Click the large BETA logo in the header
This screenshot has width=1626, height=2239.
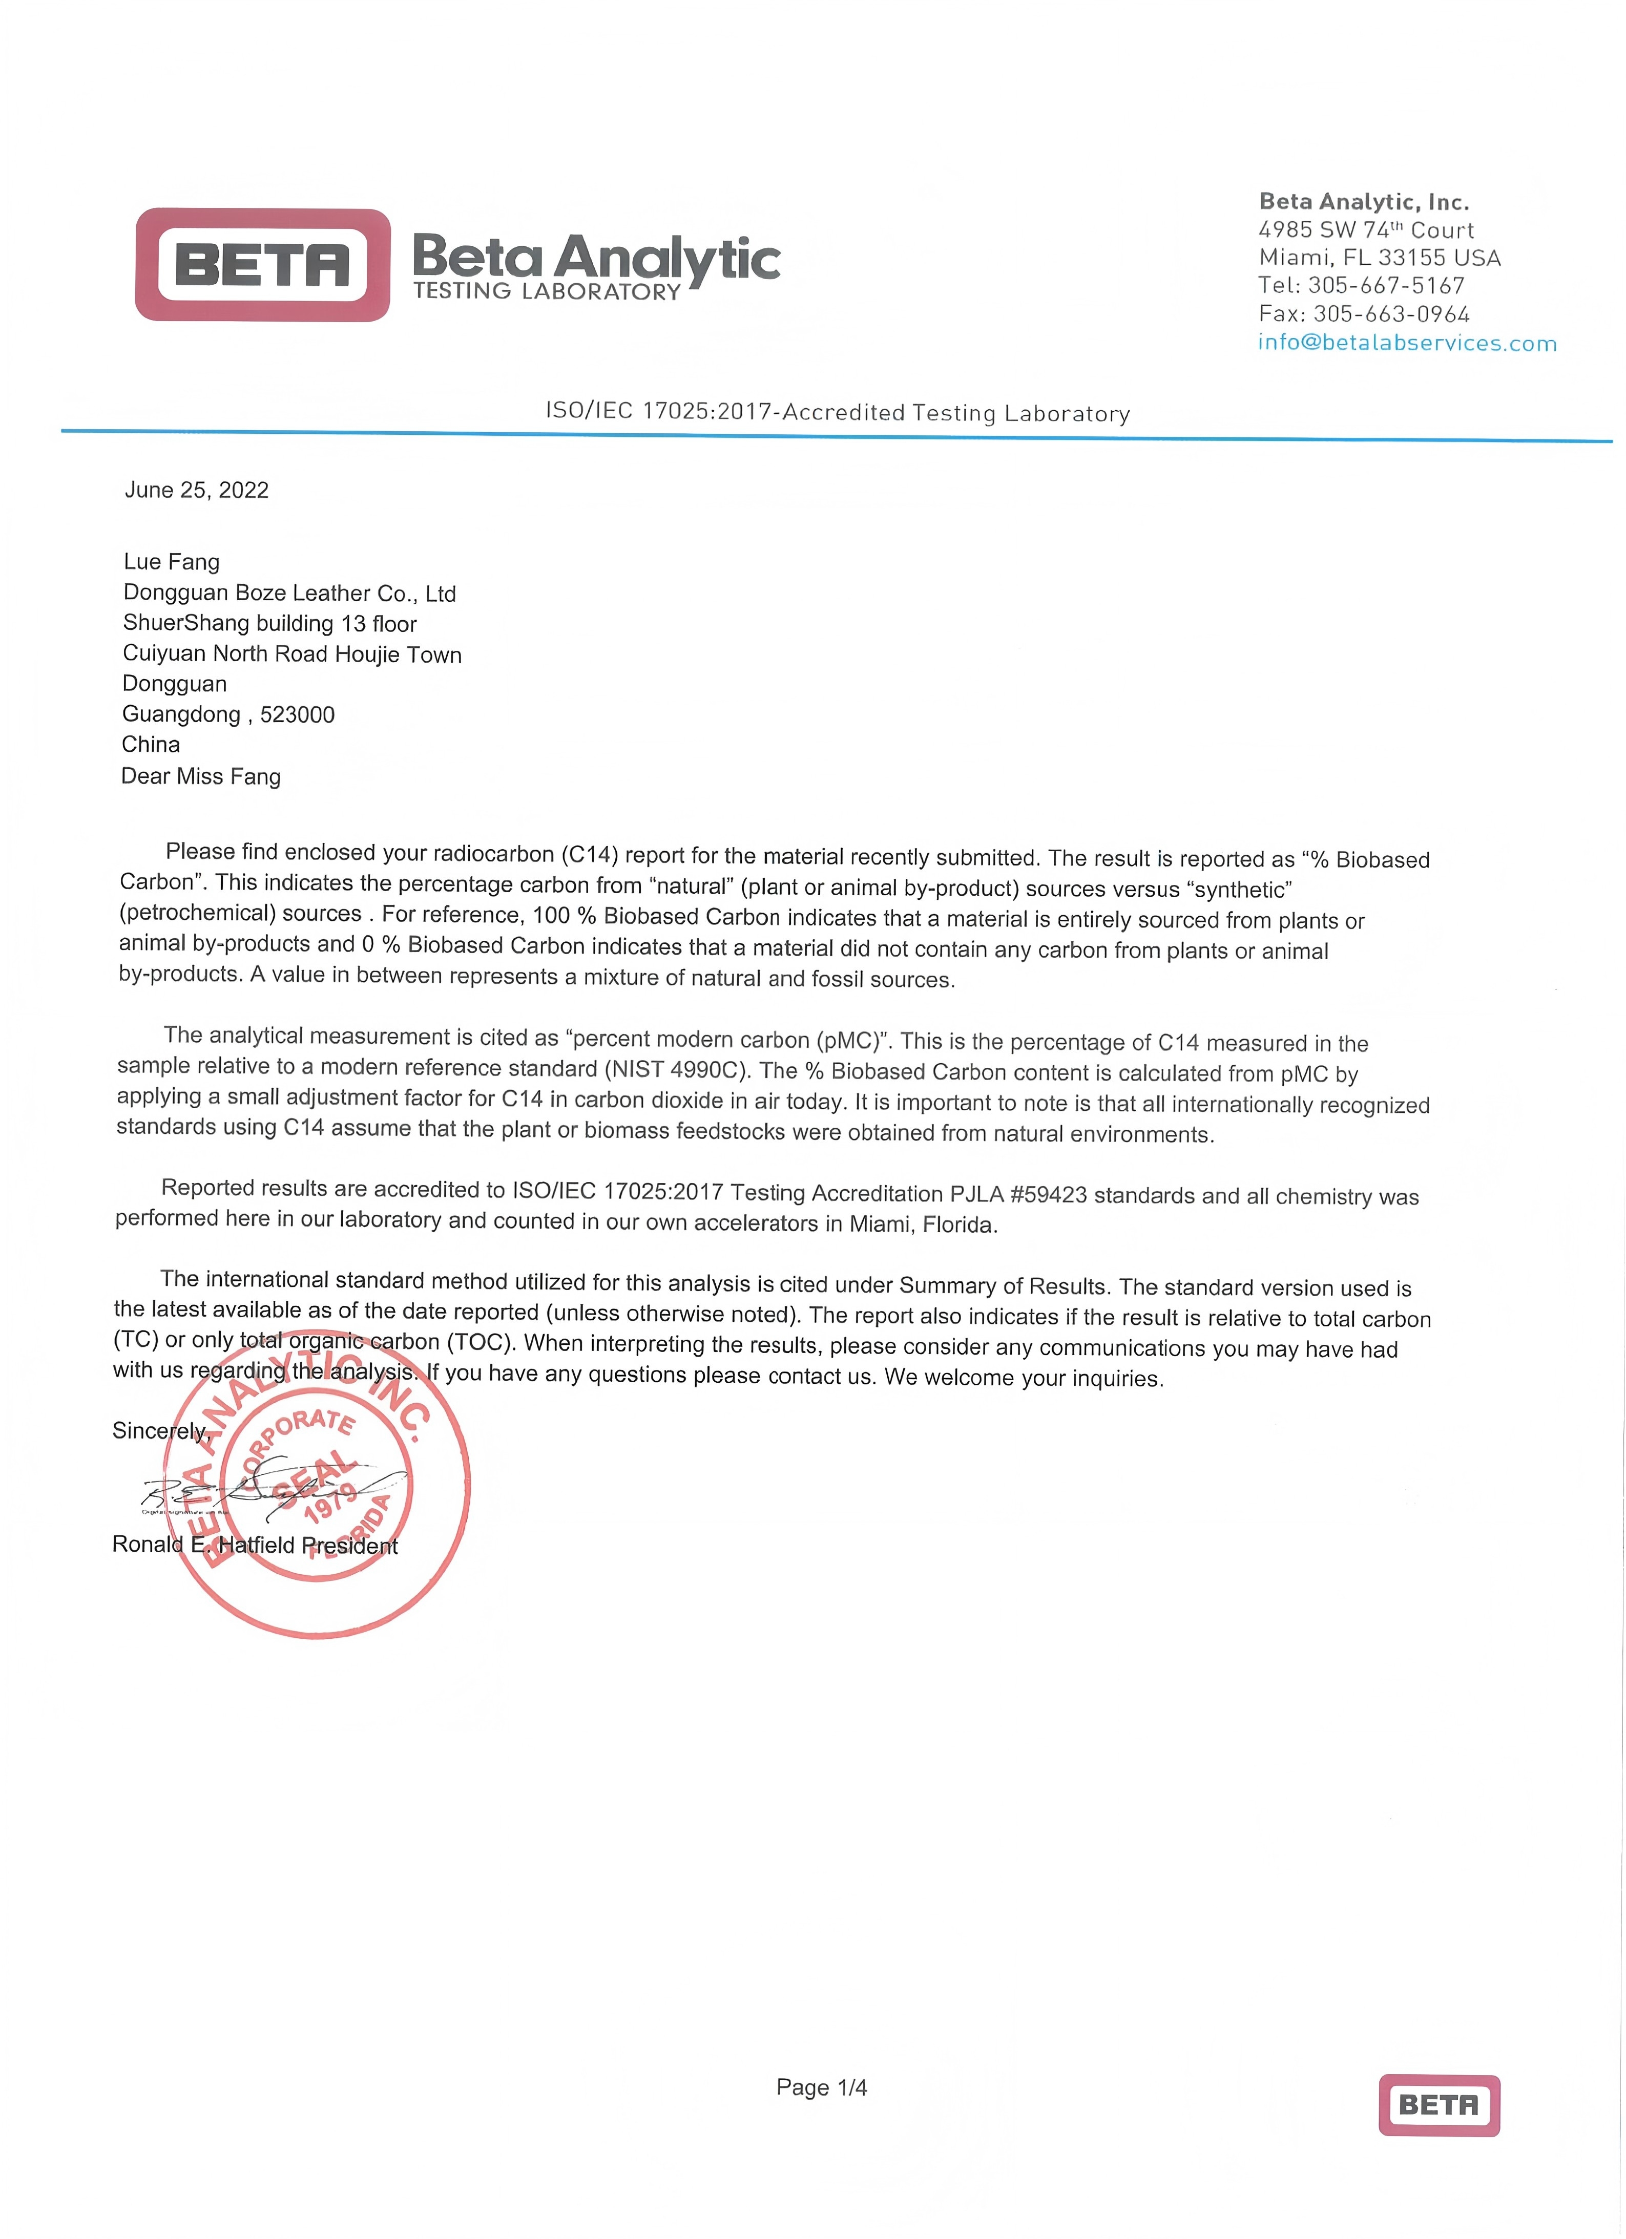pyautogui.click(x=263, y=265)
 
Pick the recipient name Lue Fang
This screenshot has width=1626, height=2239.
pyautogui.click(x=172, y=562)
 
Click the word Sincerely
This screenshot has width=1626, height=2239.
pyautogui.click(x=159, y=1430)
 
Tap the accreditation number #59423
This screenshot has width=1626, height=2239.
pyautogui.click(x=1049, y=1195)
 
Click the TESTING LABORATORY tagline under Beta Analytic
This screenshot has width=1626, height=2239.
pyautogui.click(x=547, y=291)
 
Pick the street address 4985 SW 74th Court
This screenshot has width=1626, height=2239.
pyautogui.click(x=1365, y=230)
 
